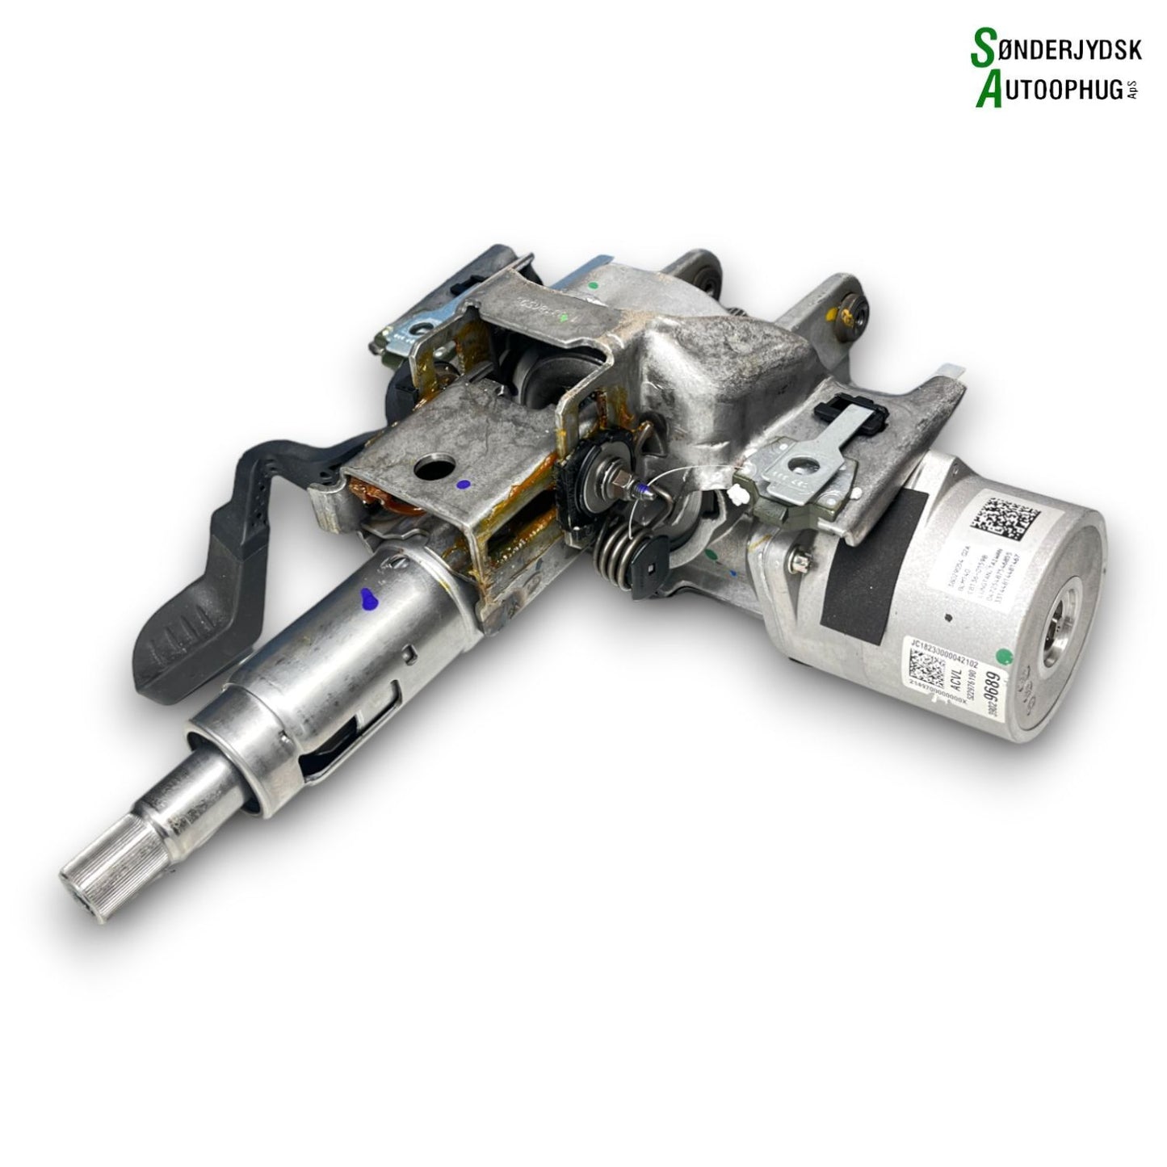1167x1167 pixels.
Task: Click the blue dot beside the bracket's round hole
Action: tap(462, 485)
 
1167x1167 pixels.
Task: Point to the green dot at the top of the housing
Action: tap(594, 284)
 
